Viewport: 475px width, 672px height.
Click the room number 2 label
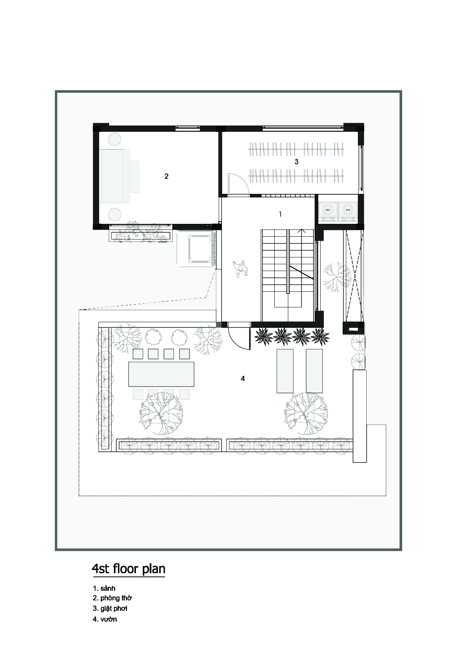166,176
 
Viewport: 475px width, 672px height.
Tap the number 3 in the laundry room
296,162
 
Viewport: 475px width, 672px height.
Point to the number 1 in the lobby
280,214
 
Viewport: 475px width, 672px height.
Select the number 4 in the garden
243,379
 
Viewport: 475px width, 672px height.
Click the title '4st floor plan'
129,569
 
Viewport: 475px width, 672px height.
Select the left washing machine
328,211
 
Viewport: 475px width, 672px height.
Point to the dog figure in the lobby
240,269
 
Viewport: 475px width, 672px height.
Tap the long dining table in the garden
161,374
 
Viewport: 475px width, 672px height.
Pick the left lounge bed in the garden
285,371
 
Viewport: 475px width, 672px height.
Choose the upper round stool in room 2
114,140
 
